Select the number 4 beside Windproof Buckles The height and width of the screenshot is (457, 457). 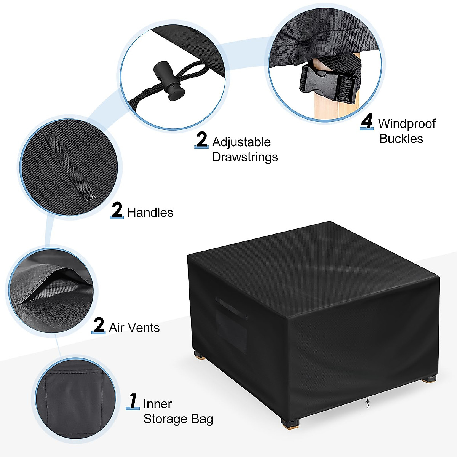(367, 122)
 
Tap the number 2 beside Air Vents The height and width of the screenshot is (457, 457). (99, 326)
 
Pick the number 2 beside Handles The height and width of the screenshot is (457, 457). (117, 210)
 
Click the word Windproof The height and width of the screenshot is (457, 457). (407, 124)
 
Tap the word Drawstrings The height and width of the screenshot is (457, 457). (244, 157)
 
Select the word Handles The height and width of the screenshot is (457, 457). (150, 213)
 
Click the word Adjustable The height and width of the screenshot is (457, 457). (241, 142)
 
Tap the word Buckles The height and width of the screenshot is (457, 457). (401, 139)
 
